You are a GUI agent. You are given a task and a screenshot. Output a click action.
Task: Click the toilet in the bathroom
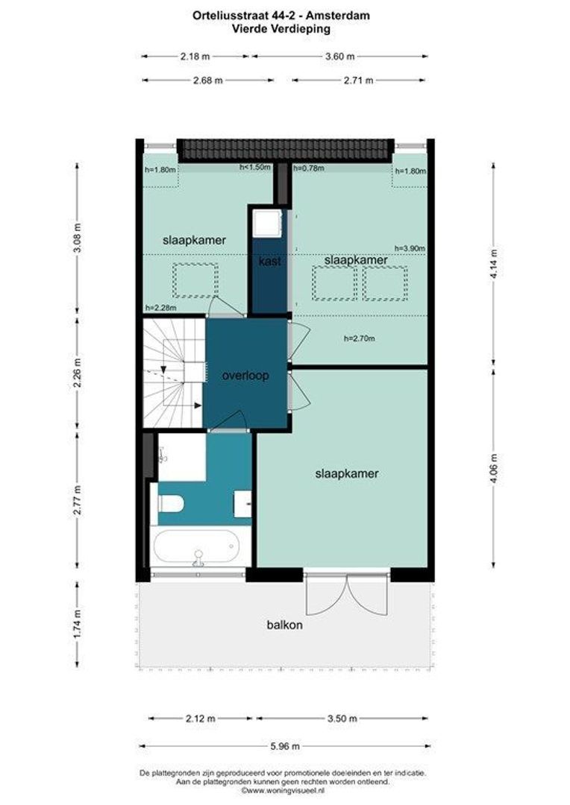coord(170,505)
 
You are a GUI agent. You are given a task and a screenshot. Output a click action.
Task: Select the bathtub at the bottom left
coord(198,548)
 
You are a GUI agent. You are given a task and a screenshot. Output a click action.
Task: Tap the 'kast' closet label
coord(269,262)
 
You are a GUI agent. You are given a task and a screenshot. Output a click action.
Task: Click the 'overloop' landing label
coord(245,376)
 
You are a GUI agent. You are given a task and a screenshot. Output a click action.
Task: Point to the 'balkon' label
coord(285,625)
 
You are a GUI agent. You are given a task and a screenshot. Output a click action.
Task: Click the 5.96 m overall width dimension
coord(284,746)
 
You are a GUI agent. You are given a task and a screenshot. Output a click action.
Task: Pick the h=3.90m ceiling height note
coord(410,249)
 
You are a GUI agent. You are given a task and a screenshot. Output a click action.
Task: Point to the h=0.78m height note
coord(309,168)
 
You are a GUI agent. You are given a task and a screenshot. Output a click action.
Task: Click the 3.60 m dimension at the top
coord(339,56)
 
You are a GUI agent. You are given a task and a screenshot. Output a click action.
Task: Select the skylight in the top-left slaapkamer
coord(195,280)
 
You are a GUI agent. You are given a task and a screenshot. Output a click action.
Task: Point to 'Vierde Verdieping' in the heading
coord(284,28)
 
